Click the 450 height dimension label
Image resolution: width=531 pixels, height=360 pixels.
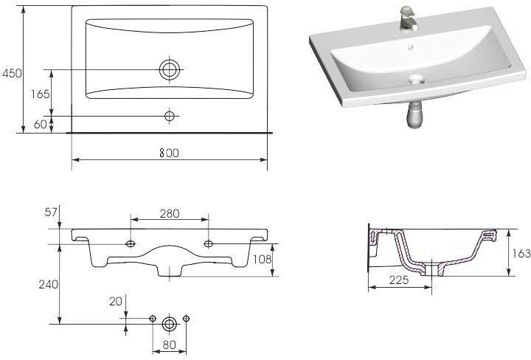[13, 73]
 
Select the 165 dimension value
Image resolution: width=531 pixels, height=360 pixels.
[41, 94]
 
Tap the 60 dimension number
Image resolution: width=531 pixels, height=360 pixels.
[41, 124]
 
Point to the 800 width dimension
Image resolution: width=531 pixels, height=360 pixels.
[169, 153]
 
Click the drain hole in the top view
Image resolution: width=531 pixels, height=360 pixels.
[170, 70]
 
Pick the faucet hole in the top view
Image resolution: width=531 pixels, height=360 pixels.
[170, 116]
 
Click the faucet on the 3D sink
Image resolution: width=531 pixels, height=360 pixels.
[408, 19]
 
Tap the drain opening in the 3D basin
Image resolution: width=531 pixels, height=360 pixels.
[416, 80]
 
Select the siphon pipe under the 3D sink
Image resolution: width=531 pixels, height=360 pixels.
[415, 115]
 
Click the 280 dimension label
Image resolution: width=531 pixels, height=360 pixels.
[170, 213]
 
